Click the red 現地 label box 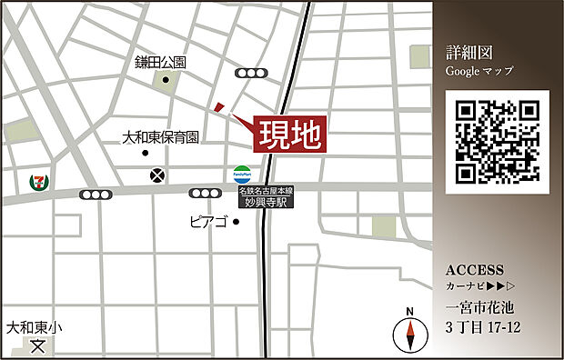289,135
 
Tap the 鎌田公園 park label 160,63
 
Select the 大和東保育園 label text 161,138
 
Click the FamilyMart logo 241,173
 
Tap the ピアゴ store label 208,220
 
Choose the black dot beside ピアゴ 235,221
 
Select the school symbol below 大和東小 37,346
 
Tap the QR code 497,142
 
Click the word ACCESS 475,270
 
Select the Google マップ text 479,70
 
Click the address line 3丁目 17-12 483,327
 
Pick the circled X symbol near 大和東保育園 158,174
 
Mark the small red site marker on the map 218,107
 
